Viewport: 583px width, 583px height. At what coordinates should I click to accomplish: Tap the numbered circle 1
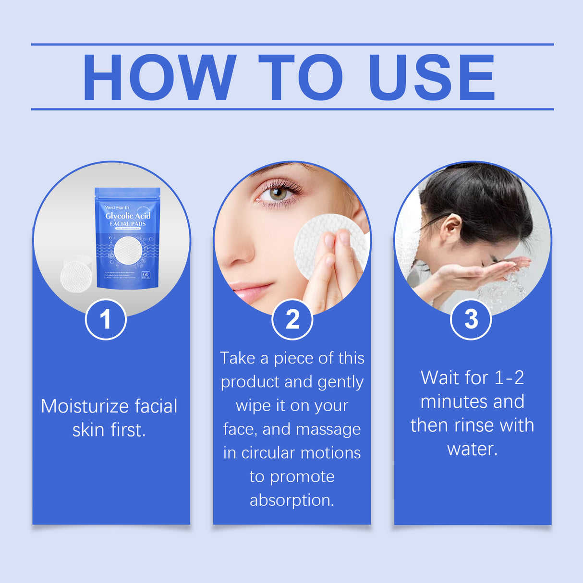(x=106, y=319)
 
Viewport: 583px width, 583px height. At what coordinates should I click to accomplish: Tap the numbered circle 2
(x=292, y=319)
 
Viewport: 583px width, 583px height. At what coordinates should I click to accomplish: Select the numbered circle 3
(x=471, y=319)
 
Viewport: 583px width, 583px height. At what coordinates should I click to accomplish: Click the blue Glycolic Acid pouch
(x=128, y=240)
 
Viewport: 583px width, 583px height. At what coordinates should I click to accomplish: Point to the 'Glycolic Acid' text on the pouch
(x=128, y=216)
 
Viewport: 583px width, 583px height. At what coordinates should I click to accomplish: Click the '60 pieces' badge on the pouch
(x=146, y=275)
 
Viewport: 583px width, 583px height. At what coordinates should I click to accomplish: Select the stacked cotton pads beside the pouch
(x=75, y=274)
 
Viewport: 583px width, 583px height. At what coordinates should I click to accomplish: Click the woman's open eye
(x=279, y=194)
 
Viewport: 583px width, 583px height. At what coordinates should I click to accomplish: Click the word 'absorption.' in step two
(x=291, y=500)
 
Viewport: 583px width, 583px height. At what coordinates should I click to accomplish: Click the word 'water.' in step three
(x=473, y=449)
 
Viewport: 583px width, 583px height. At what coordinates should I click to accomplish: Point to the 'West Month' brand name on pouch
(x=117, y=207)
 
